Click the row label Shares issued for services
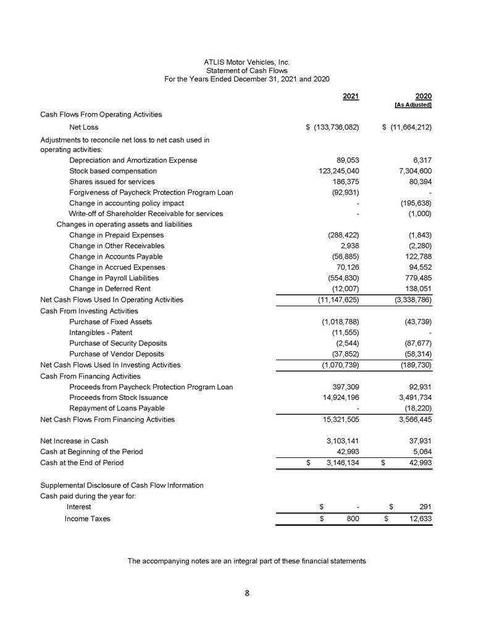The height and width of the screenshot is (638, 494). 112,181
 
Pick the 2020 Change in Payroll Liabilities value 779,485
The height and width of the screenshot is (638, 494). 415,278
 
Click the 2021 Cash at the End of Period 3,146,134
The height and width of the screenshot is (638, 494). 338,463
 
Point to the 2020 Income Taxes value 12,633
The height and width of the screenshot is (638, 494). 418,518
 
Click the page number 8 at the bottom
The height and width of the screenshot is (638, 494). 246,594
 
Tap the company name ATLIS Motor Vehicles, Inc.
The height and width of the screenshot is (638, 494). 246,62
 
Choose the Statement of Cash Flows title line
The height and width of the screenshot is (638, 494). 246,71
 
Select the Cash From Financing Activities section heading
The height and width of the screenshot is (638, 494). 90,376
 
